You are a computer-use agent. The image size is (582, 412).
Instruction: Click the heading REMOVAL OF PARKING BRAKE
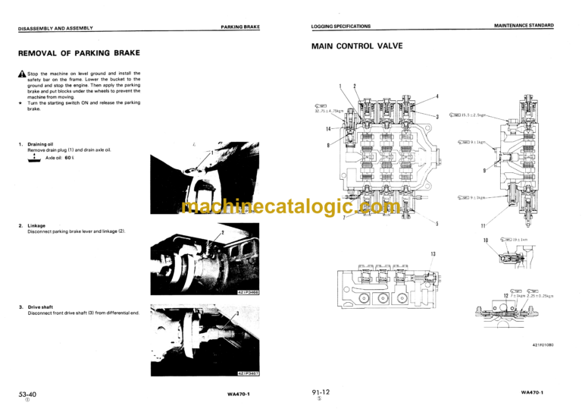tap(79, 53)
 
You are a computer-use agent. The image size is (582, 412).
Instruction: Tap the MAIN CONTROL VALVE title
tap(357, 46)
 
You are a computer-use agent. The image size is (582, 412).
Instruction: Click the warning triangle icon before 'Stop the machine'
tap(21, 73)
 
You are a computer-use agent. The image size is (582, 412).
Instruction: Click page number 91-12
tap(321, 391)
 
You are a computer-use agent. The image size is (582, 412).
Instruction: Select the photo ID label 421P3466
tap(247, 292)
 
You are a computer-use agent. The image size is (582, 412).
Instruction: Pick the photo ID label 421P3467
tap(247, 373)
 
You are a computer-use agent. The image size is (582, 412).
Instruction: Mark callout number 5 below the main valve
tap(437, 224)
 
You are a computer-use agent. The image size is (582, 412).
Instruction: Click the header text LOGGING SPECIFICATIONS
tap(341, 26)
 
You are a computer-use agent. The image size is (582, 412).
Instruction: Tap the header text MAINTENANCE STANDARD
tap(524, 26)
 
